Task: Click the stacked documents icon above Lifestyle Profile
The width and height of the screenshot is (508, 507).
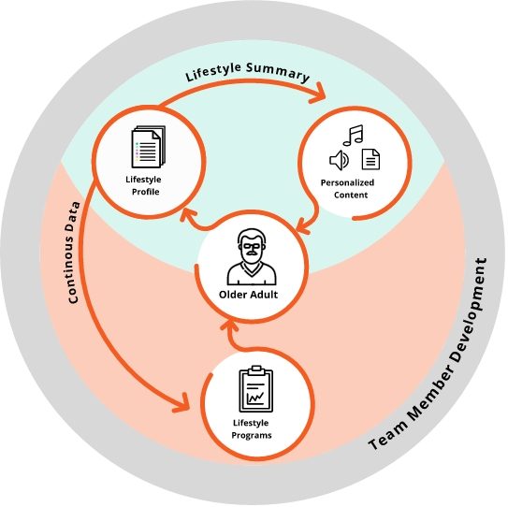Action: click(149, 147)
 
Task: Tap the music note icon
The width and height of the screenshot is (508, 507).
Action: click(353, 135)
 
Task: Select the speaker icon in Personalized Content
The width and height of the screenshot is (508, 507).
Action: click(339, 160)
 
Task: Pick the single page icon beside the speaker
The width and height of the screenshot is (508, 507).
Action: click(370, 159)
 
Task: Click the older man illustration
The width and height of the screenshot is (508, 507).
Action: click(252, 257)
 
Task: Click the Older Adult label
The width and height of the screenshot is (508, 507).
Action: click(248, 295)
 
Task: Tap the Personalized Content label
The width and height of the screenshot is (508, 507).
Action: click(348, 189)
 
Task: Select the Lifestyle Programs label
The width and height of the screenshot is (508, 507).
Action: click(251, 429)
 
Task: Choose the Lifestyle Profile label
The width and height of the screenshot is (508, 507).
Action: click(144, 185)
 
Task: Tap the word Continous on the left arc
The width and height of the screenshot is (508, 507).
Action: click(74, 268)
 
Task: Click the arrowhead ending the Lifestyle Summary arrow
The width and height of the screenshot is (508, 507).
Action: click(318, 93)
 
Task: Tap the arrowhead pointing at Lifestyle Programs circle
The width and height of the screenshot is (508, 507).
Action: click(181, 403)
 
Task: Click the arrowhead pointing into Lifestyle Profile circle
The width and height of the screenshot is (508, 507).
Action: click(188, 215)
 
